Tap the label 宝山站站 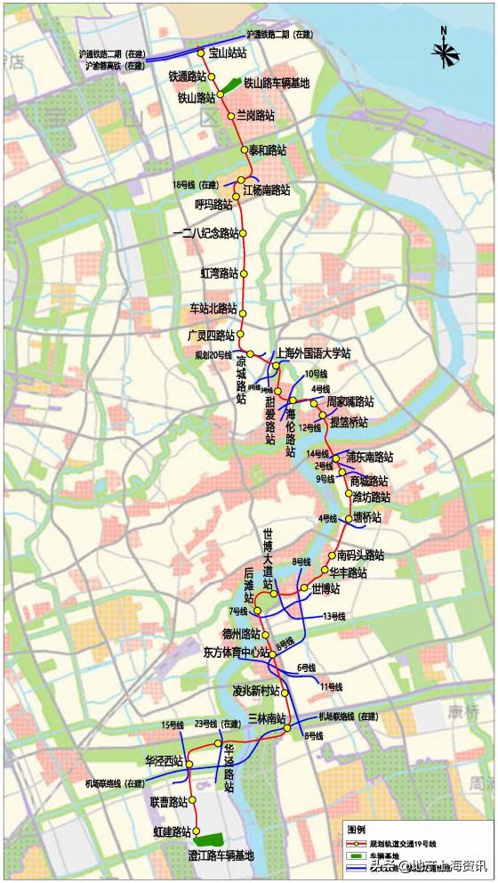(x=227, y=53)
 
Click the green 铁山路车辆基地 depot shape (x=230, y=85)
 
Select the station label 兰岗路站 (x=255, y=116)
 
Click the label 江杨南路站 (x=266, y=190)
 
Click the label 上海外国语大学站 (x=314, y=352)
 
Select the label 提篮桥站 (x=349, y=421)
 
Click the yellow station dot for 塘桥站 (x=349, y=519)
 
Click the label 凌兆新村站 (x=256, y=691)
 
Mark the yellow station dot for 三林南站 (x=289, y=729)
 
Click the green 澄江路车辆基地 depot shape (x=209, y=839)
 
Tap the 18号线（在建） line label (x=195, y=184)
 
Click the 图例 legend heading (x=357, y=827)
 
